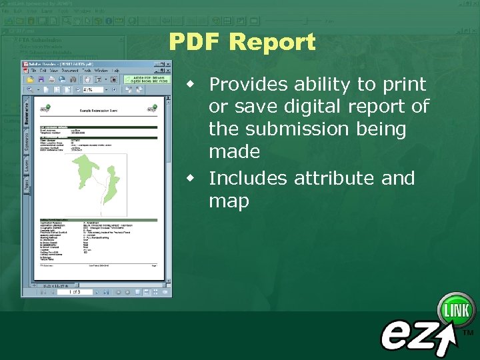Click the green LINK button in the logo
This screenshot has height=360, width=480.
tap(457, 311)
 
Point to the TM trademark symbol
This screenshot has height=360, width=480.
tap(468, 332)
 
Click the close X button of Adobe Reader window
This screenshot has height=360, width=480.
tap(167, 63)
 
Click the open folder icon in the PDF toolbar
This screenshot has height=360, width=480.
tap(30, 79)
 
